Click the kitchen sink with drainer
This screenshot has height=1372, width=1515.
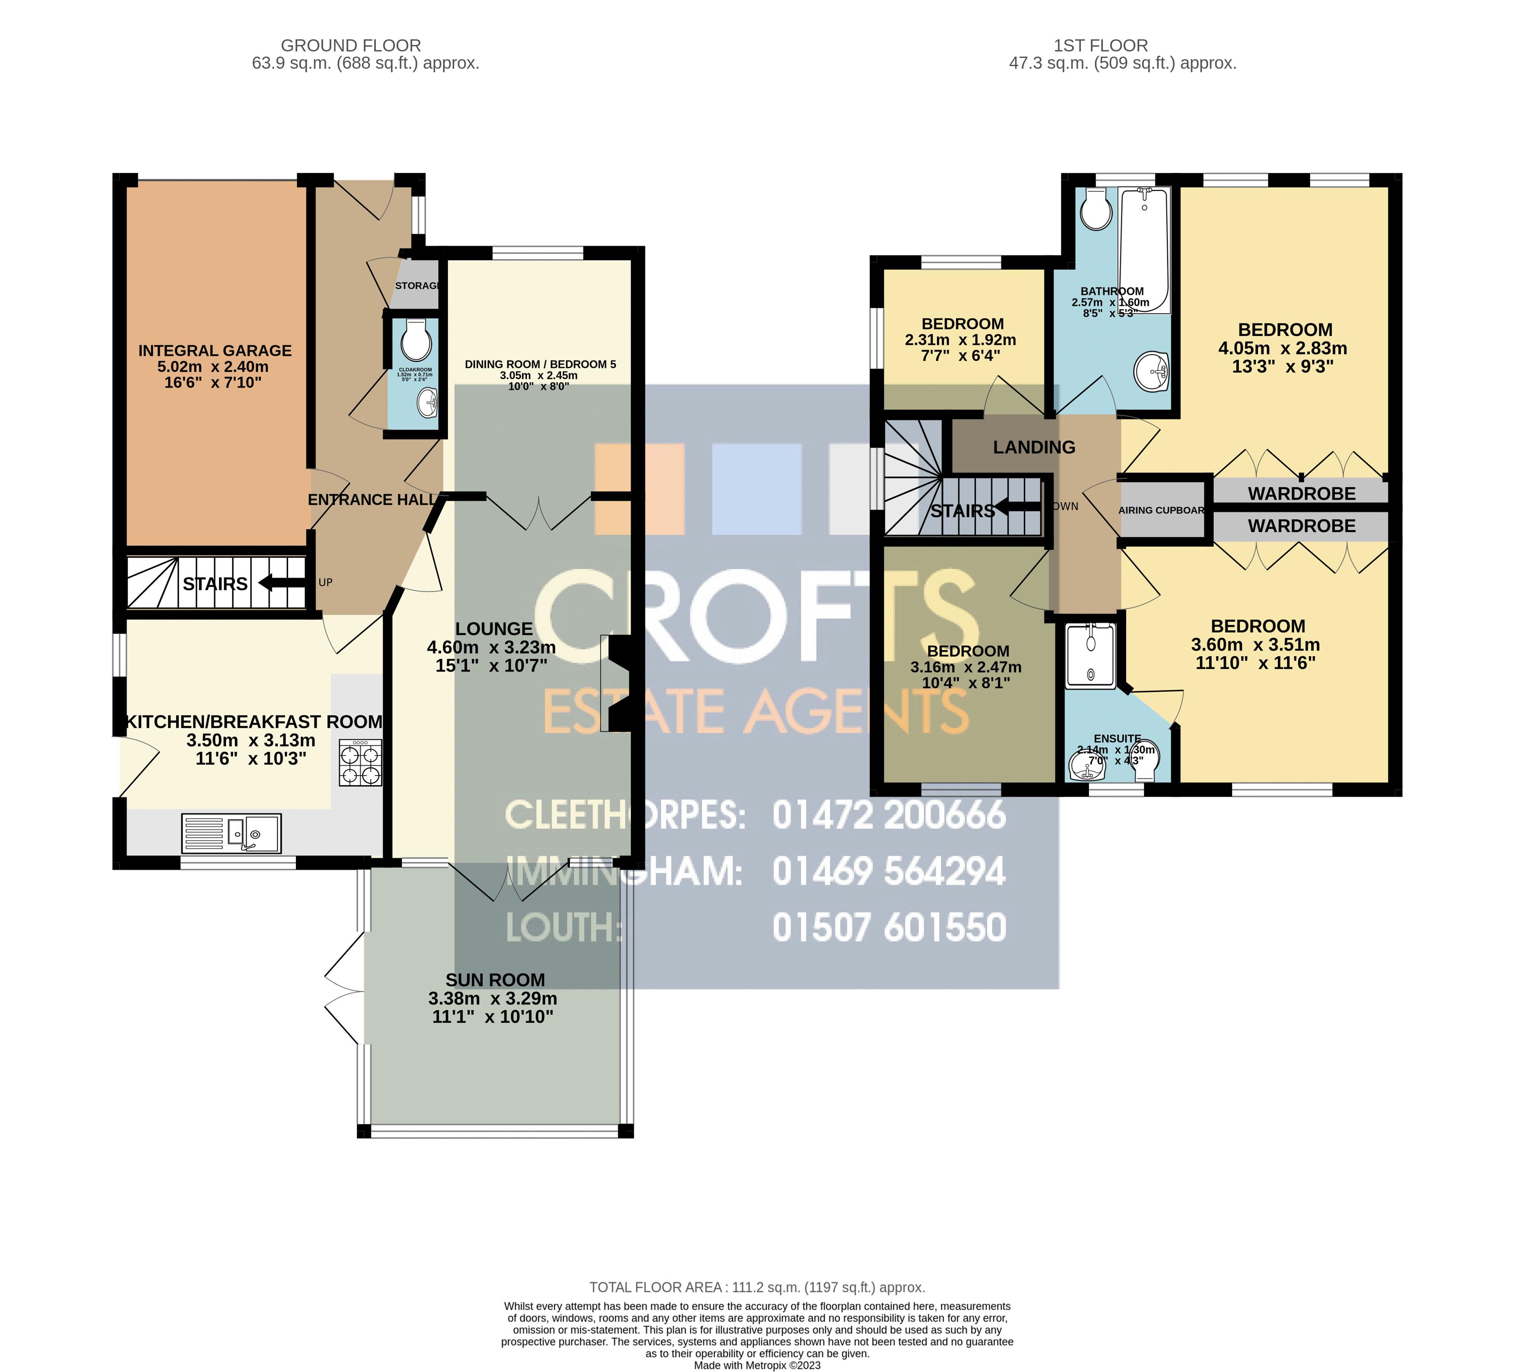coord(232,833)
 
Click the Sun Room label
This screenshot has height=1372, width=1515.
coord(495,980)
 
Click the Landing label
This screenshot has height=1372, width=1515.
coord(1034,447)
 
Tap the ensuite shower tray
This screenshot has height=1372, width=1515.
coord(1090,656)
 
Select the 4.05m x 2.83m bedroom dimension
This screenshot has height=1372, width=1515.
coord(1282,349)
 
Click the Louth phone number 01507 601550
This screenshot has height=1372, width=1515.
coord(889,927)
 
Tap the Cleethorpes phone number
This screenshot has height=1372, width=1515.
coord(889,815)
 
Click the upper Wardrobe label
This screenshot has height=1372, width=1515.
coord(1302,494)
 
